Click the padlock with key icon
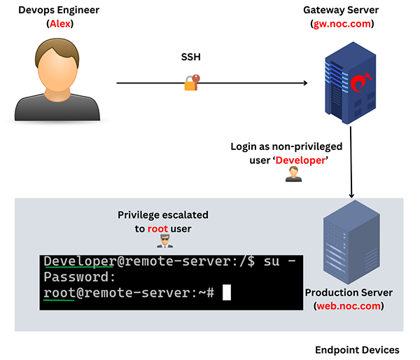click(192, 82)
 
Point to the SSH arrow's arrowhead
click(305, 83)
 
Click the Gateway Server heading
click(342, 11)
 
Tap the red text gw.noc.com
click(342, 24)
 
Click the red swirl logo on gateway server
click(358, 83)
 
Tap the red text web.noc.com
click(349, 305)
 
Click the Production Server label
click(349, 292)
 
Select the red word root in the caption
click(158, 228)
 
